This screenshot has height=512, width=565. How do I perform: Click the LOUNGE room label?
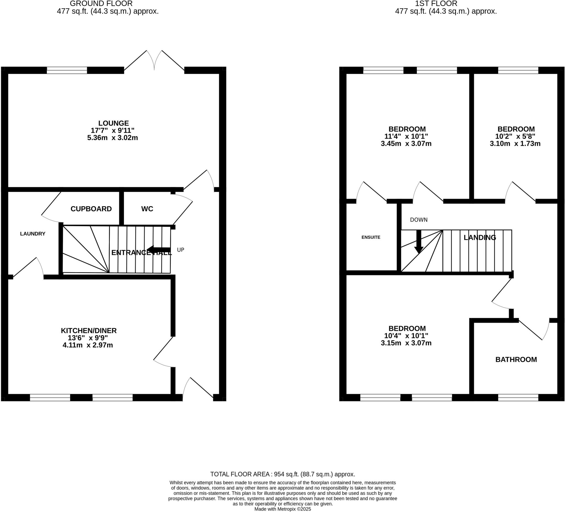(113, 123)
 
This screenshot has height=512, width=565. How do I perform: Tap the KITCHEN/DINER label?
(89, 331)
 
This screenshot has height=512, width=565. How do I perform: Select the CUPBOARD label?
(91, 209)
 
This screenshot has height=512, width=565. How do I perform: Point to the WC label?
(147, 209)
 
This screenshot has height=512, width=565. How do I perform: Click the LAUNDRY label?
(33, 234)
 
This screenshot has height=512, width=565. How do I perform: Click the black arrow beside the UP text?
(159, 250)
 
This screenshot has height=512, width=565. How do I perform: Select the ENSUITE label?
(371, 237)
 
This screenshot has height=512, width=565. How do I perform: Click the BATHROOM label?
(516, 359)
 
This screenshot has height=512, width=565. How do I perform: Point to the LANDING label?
(480, 237)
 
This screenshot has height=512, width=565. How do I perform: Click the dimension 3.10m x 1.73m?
(515, 144)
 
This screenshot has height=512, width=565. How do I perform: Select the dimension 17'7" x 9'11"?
(112, 130)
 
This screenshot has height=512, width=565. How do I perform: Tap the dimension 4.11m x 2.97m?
(88, 345)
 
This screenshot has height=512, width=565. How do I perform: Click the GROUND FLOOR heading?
(101, 4)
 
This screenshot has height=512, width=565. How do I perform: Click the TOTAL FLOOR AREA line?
(282, 474)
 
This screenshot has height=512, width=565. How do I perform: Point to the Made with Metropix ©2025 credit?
(282, 509)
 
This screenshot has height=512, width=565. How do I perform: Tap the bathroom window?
(518, 398)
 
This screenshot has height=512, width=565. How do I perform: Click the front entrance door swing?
(198, 389)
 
